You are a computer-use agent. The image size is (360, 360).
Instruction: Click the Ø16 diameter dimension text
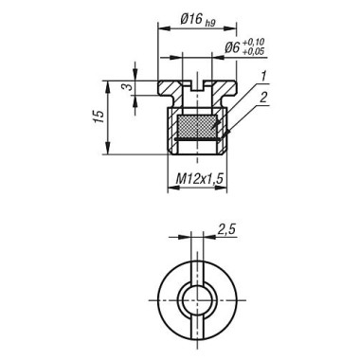tap(191, 20)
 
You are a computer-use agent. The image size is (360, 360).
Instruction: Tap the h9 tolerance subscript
tap(210, 23)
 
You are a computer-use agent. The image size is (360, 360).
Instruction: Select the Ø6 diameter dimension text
tap(233, 47)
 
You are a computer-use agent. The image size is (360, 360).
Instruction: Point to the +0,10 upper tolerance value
tap(254, 42)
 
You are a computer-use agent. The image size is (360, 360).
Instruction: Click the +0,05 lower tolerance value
tap(254, 51)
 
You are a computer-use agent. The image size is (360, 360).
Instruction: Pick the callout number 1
tap(263, 76)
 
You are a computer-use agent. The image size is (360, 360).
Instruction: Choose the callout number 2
tap(263, 98)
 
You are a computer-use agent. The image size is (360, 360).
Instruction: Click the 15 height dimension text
tap(99, 117)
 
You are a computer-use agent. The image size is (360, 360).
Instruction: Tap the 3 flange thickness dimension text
tap(128, 86)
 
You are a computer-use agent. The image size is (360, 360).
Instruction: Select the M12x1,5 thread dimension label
tap(199, 179)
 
